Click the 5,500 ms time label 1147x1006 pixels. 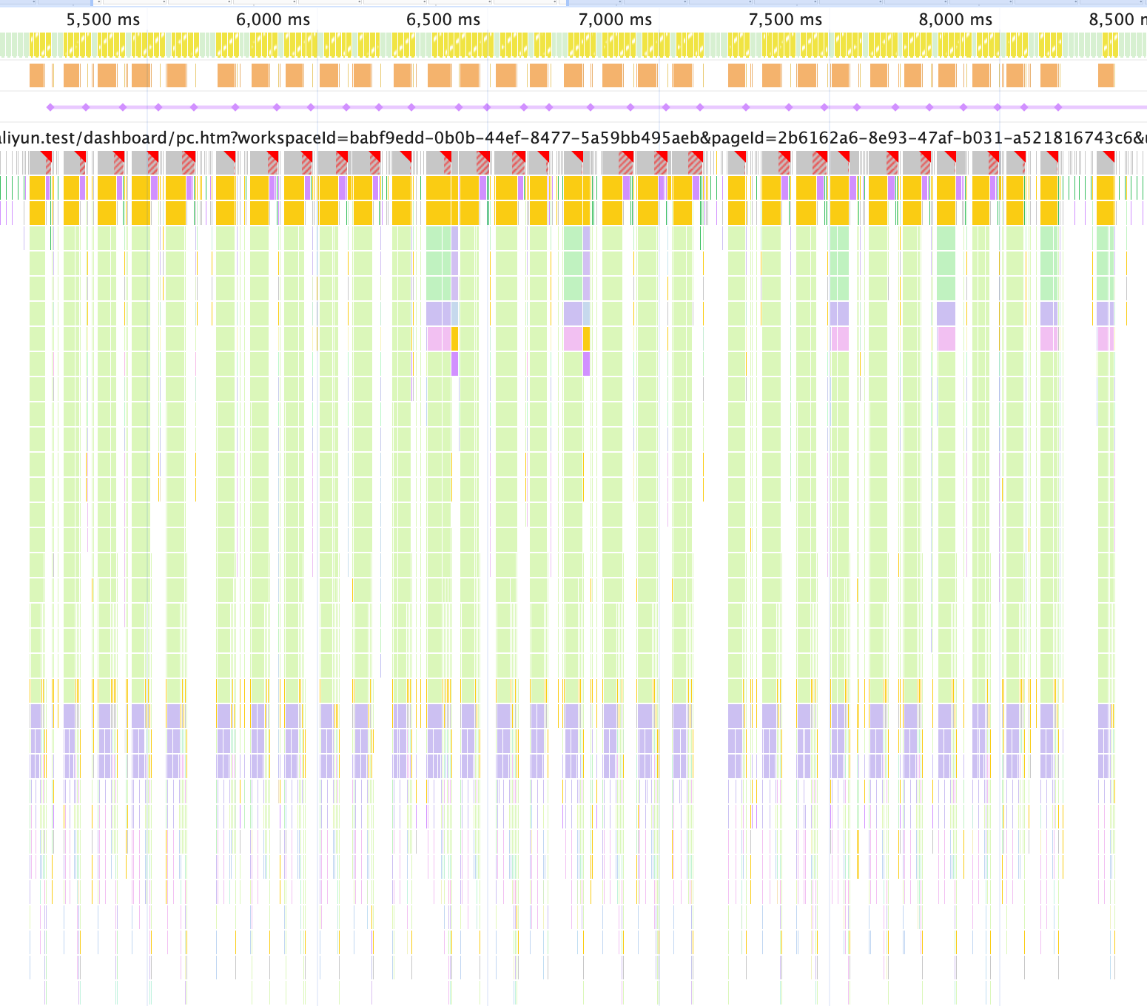tap(103, 20)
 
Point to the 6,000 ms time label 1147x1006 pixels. tap(273, 20)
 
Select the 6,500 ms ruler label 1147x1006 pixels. tap(443, 20)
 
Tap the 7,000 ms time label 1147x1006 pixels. tap(615, 20)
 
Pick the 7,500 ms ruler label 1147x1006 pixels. tap(785, 20)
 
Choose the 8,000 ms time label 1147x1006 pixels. tap(955, 20)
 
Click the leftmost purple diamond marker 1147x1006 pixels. tap(50, 107)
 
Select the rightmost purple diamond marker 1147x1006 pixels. tap(1058, 107)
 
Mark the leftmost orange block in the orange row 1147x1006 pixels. tap(37, 75)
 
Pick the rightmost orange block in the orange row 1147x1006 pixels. tap(1106, 75)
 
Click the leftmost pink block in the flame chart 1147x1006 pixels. tap(439, 339)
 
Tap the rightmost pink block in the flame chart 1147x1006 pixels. tap(1106, 339)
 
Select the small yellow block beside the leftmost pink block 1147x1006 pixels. tap(454, 339)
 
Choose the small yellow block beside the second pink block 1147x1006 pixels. tap(587, 339)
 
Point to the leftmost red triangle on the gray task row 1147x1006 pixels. tap(47, 155)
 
